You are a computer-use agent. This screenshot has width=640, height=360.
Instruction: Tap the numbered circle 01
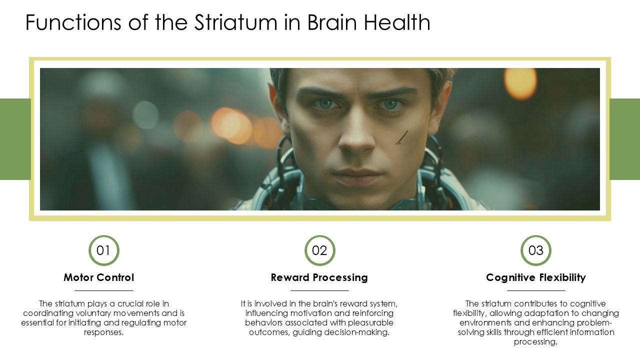pos(103,250)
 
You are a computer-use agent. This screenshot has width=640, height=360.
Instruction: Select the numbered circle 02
pos(319,250)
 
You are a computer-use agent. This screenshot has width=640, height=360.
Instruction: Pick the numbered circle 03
pos(535,250)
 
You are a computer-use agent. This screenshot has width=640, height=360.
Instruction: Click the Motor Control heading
pos(99,277)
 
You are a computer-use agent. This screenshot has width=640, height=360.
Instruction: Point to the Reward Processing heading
pos(319,277)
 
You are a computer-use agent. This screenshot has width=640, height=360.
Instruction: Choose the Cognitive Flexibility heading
pos(535,277)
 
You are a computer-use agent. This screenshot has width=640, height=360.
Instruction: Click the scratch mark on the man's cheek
pos(402,137)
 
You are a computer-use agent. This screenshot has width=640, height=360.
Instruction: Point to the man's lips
pos(356,176)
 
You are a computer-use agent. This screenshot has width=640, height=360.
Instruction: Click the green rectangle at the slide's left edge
pos(14,139)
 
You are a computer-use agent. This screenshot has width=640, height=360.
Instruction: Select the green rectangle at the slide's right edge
pos(625,139)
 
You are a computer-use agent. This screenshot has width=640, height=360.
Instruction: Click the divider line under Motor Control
pos(103,290)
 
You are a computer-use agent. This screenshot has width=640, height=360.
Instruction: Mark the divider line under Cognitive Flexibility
pos(535,290)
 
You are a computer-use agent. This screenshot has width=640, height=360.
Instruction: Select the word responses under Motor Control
pos(103,332)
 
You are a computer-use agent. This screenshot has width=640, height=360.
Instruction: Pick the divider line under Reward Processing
pos(319,290)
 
